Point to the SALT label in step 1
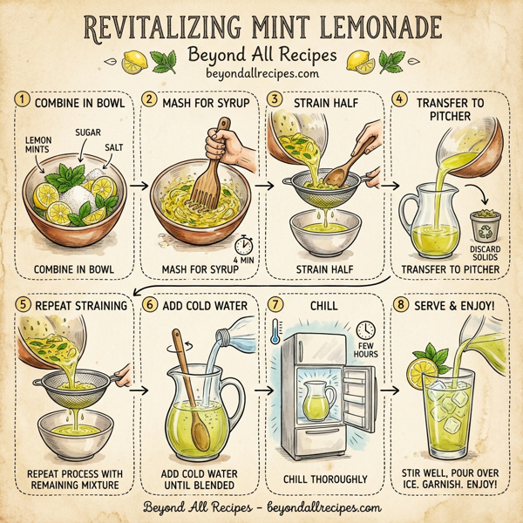click(x=113, y=149)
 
